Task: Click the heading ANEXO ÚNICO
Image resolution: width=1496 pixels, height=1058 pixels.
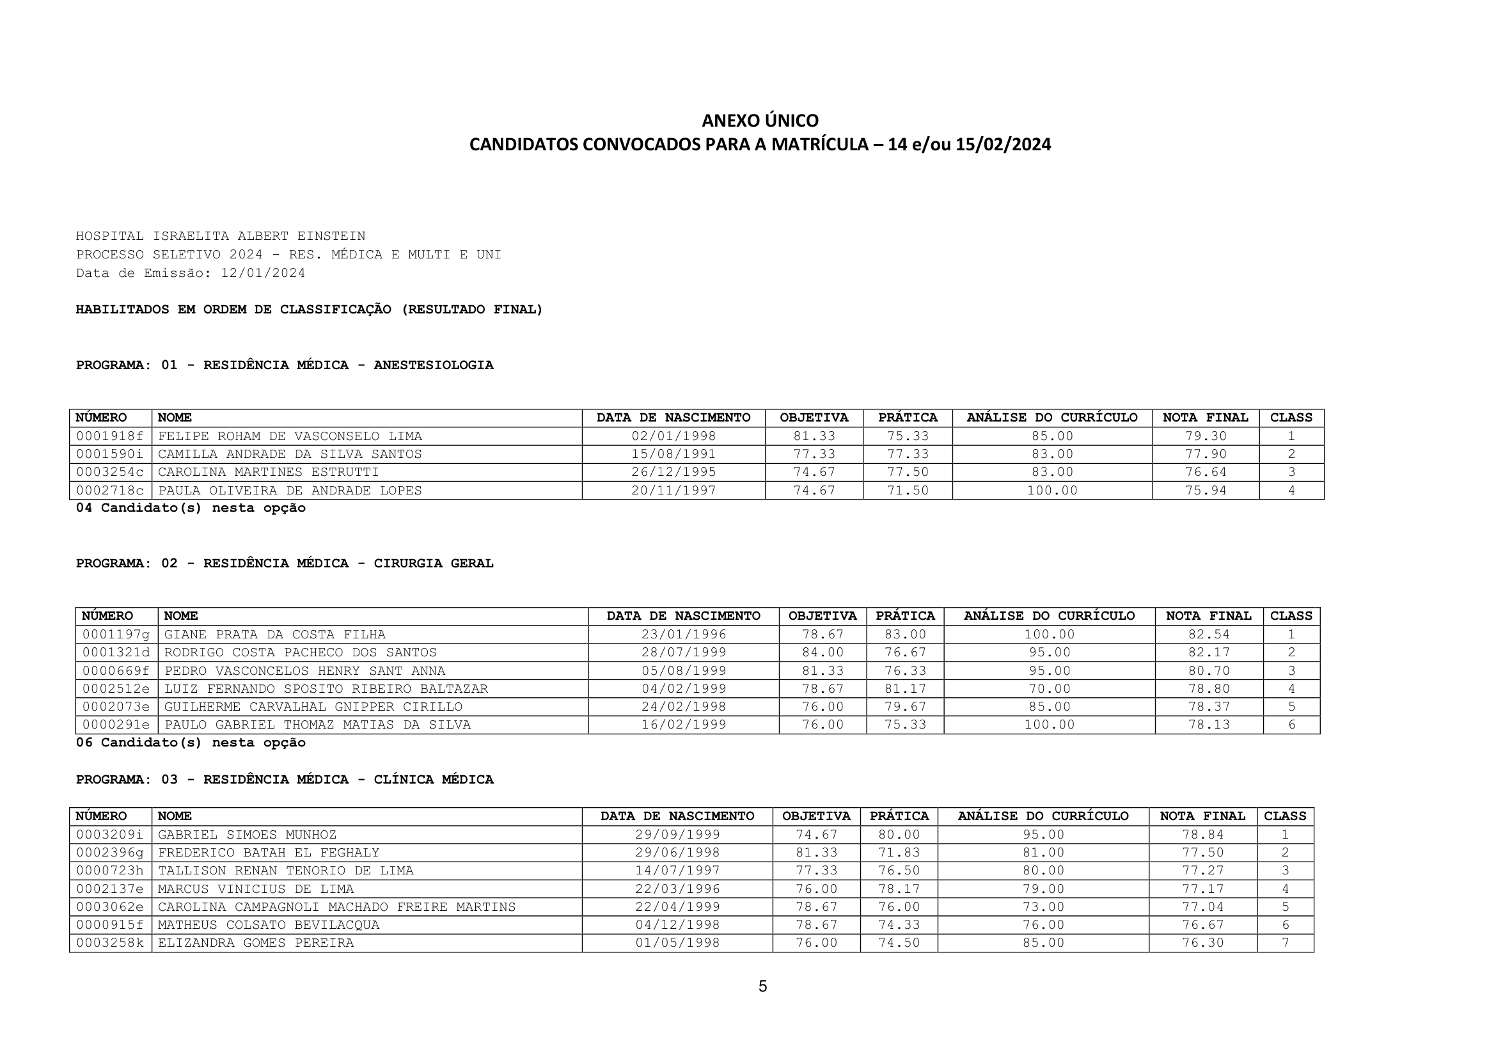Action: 760,120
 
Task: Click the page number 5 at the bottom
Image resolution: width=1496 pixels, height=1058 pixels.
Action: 762,986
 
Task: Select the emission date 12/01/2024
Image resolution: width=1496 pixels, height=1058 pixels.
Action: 263,273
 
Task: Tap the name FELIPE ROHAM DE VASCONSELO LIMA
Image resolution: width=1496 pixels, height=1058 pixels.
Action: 290,436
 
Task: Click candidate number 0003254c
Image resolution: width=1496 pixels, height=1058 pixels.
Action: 110,472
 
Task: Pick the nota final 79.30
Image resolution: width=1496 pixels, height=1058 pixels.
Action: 1206,436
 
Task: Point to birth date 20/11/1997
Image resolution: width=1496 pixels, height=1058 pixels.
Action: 673,491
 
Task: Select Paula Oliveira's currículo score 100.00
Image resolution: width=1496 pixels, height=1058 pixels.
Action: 1051,491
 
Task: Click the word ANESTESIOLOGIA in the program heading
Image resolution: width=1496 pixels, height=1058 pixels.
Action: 433,365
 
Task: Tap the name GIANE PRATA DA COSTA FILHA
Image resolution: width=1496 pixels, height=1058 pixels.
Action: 274,635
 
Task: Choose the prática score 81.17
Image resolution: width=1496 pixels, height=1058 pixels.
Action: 904,689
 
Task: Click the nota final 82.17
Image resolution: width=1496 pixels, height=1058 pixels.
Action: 1209,652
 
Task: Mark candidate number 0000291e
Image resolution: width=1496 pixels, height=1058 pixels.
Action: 116,725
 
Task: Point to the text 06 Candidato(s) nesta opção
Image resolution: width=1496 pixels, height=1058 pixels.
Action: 190,743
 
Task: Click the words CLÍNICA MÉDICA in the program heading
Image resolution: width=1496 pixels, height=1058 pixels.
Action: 433,780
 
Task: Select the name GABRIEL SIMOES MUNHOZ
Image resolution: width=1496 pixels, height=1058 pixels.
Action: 247,835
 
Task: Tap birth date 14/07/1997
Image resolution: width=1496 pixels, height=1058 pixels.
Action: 677,871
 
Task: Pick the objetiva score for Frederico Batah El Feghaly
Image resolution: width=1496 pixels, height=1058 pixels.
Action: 815,853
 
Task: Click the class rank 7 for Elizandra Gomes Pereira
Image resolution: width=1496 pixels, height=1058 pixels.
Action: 1285,943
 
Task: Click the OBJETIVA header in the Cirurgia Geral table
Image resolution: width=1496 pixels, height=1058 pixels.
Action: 823,616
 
